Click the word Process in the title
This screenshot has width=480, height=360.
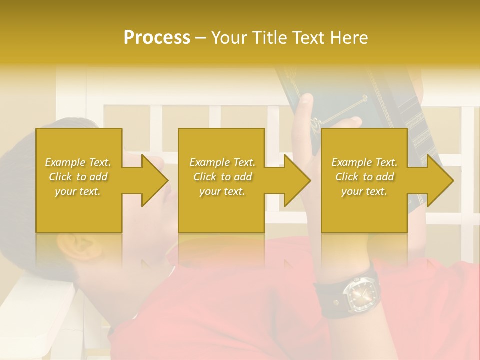[157, 38]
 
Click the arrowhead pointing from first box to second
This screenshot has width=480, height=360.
[154, 180]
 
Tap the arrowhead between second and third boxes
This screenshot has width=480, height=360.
[297, 180]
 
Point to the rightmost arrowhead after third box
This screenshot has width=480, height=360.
[440, 180]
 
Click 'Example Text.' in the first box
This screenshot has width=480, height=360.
[78, 162]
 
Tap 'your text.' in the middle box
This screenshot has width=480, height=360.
[222, 191]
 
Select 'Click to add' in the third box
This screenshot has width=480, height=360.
[364, 177]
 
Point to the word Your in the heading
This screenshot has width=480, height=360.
[230, 38]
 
